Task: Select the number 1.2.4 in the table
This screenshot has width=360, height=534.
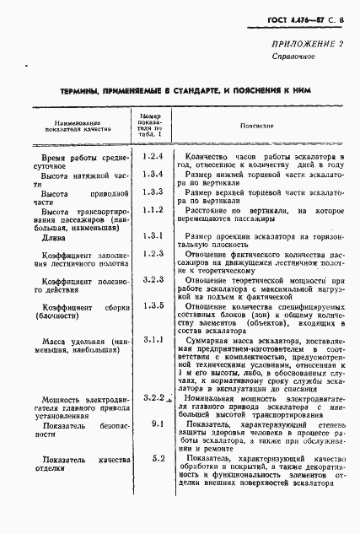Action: pyautogui.click(x=152, y=157)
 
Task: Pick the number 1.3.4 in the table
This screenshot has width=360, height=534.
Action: pyautogui.click(x=152, y=174)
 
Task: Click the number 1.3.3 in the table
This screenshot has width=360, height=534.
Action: pyautogui.click(x=152, y=191)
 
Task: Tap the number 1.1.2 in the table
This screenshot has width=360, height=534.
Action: pyautogui.click(x=152, y=209)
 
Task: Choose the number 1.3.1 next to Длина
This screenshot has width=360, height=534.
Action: pyautogui.click(x=152, y=235)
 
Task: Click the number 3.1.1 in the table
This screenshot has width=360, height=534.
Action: pyautogui.click(x=152, y=339)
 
